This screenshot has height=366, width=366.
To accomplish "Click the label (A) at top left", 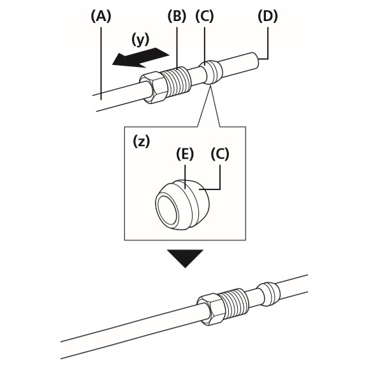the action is click(x=101, y=17).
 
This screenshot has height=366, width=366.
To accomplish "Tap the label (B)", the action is click(x=177, y=17).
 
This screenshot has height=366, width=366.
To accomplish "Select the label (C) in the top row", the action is click(x=205, y=17).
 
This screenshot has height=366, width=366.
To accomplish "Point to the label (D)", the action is click(x=268, y=17).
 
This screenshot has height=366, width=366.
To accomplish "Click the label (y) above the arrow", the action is click(x=140, y=40).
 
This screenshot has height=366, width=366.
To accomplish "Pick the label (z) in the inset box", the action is click(x=141, y=142).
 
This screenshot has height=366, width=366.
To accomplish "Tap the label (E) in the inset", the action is click(x=185, y=154).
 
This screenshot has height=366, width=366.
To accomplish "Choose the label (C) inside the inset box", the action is click(x=220, y=154).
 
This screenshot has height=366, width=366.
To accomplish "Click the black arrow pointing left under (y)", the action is click(x=140, y=57).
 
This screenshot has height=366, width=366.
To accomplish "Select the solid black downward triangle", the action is click(x=185, y=258).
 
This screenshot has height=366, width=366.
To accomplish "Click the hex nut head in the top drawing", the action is click(x=153, y=87).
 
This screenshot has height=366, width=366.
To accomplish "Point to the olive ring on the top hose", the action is click(x=211, y=71).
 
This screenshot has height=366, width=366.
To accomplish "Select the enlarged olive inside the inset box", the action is click(x=182, y=205).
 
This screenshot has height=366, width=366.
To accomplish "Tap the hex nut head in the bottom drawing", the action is click(x=209, y=309).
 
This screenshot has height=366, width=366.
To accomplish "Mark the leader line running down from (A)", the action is click(x=101, y=64).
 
